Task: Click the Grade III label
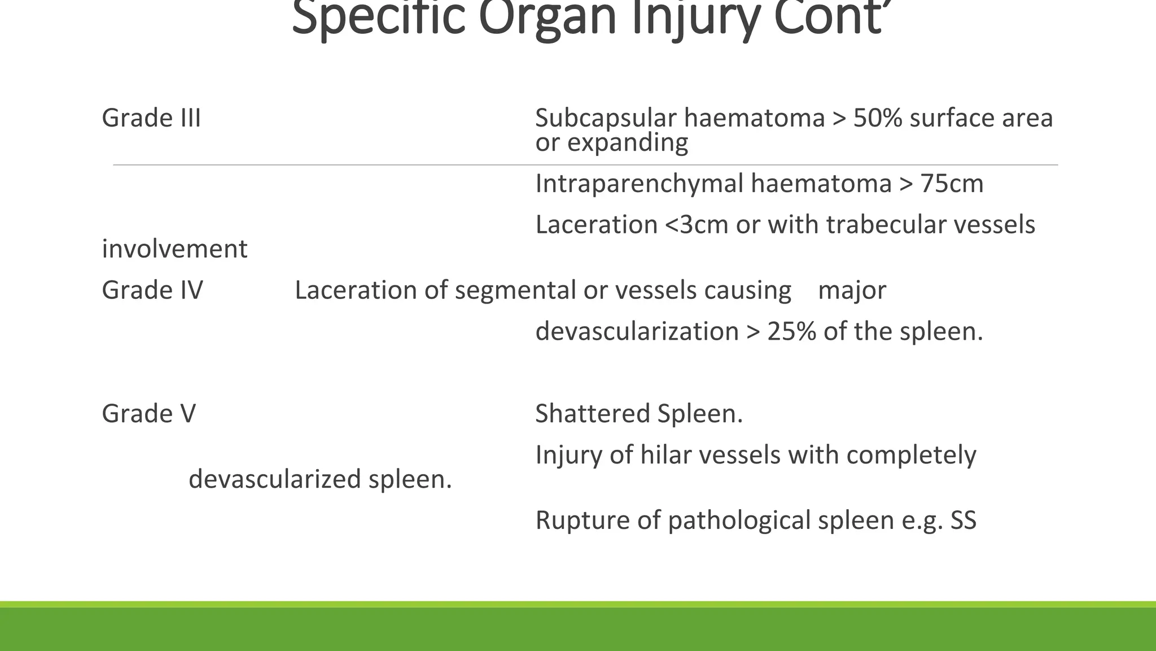(151, 118)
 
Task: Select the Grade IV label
(152, 290)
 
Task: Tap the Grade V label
(149, 414)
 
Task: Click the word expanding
(628, 142)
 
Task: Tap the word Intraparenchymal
(638, 184)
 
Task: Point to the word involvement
(174, 249)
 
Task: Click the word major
(852, 290)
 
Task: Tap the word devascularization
(637, 331)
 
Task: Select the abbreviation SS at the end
(963, 520)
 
